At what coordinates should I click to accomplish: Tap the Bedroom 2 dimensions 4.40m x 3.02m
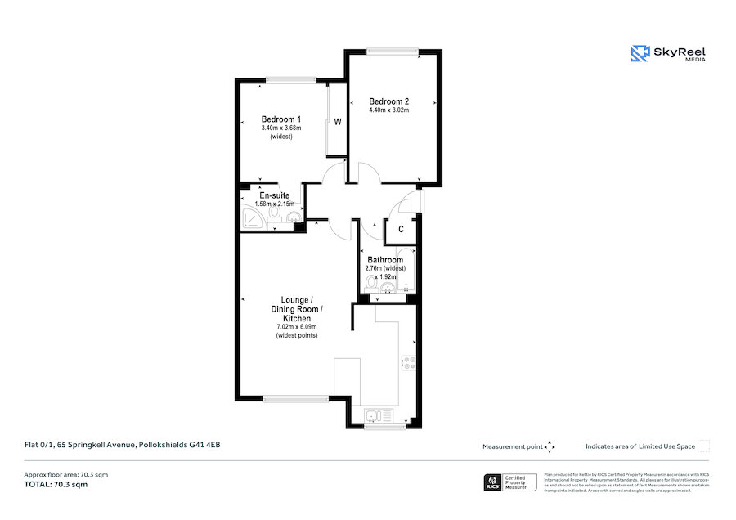388,110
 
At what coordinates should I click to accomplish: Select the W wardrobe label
337,122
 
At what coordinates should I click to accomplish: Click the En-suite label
274,195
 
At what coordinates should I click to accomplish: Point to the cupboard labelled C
401,230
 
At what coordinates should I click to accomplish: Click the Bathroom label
384,260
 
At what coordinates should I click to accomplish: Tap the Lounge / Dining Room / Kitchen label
297,309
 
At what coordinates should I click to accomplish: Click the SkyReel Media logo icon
639,54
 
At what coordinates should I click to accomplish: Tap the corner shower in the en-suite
252,217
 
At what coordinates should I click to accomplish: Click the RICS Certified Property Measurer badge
511,482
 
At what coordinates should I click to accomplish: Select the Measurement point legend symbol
550,446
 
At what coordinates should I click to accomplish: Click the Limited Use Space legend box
703,446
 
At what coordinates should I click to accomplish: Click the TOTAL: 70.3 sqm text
55,485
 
